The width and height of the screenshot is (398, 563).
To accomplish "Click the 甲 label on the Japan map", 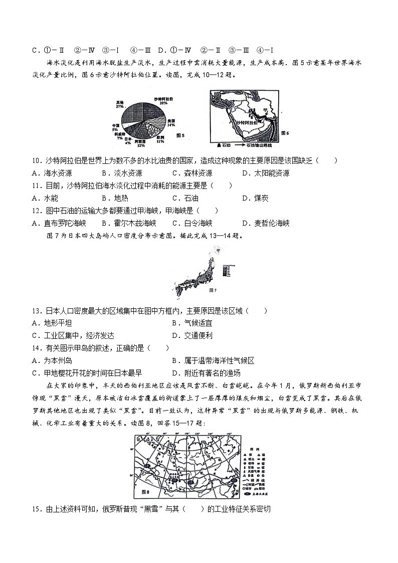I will pos(218,249).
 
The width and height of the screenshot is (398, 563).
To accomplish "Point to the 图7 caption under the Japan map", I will pos(212,290).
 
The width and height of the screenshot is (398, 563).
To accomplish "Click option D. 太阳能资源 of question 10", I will pos(265,173).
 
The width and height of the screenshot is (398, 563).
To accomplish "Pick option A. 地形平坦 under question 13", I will pos(52,323).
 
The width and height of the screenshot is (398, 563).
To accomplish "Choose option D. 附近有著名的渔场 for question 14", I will pos(206,373).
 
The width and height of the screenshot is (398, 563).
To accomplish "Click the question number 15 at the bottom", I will pos(36,509).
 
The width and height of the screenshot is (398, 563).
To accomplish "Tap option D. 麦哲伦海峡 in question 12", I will pos(266,223).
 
